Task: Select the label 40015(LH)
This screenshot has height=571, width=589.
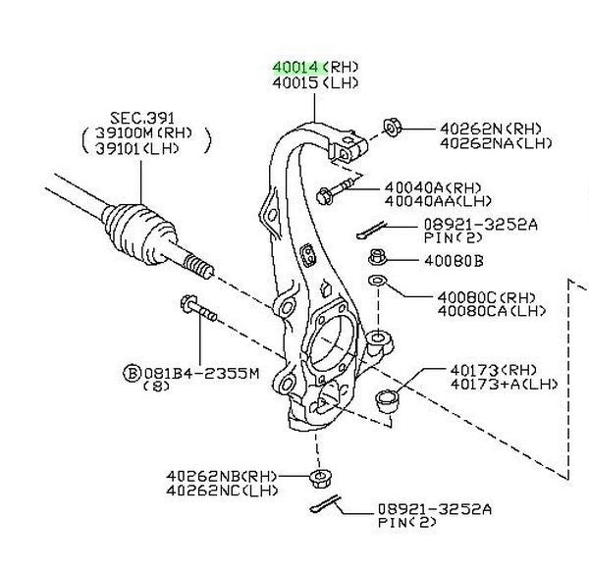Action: (x=316, y=83)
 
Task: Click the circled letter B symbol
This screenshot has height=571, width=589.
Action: (x=131, y=373)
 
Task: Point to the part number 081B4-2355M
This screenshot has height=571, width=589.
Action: (x=202, y=373)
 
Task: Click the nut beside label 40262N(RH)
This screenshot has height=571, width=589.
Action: (x=389, y=127)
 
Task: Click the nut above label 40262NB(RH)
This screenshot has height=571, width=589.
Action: (x=319, y=478)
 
